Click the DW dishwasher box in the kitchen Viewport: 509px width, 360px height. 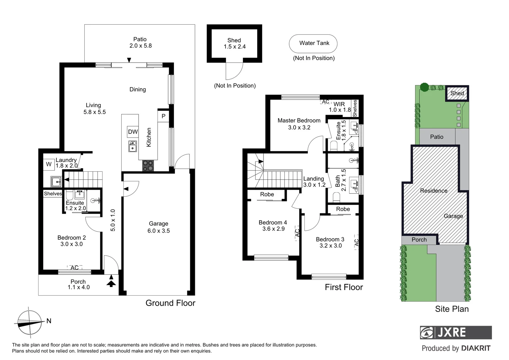(133, 132)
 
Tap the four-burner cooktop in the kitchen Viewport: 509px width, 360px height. (148, 166)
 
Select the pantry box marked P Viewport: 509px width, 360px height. (163, 116)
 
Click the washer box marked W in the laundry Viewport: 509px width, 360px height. (49, 164)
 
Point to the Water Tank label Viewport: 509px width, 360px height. (314, 43)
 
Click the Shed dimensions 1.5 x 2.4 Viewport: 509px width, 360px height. (235, 47)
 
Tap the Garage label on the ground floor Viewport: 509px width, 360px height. (158, 224)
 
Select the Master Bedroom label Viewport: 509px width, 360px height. (299, 120)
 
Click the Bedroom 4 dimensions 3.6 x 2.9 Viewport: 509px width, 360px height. (273, 229)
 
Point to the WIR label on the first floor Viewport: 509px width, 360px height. (339, 104)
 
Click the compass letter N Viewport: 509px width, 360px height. (49, 321)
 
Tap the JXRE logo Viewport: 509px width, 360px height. (456, 332)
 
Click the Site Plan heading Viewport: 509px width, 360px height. (452, 309)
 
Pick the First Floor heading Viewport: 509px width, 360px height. (344, 287)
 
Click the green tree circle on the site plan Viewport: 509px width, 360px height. (424, 87)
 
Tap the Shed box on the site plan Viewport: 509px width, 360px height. (457, 93)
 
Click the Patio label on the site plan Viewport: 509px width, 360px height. (436, 137)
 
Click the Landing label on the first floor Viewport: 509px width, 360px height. (313, 179)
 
